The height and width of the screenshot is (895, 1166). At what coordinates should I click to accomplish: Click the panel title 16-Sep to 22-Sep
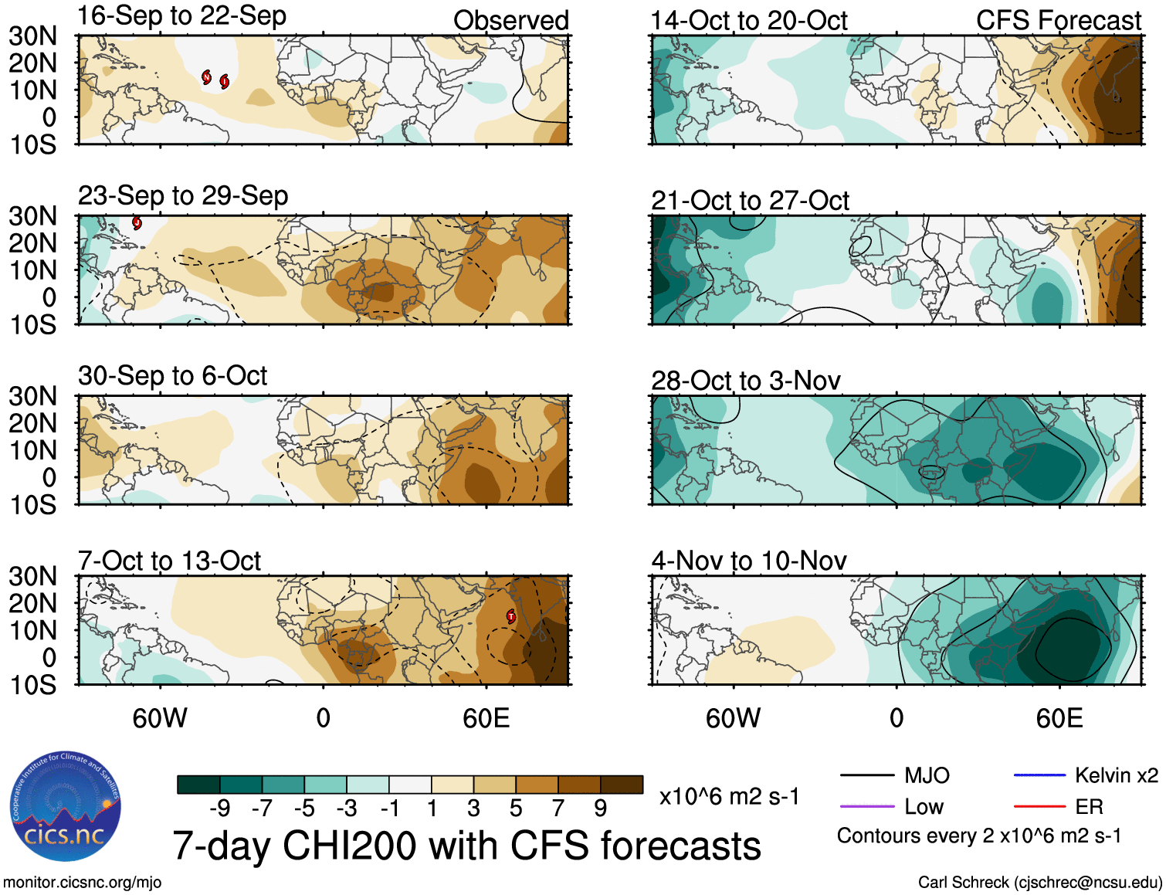point(182,16)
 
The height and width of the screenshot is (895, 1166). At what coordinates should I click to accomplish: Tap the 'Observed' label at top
point(511,21)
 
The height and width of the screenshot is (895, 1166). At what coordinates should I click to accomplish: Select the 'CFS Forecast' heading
point(1059,21)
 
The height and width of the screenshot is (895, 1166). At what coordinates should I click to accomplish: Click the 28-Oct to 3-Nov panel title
point(746,381)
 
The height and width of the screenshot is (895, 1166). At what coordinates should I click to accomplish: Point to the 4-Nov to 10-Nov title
point(749,561)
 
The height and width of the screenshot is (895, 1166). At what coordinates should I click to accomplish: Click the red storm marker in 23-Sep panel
point(137,223)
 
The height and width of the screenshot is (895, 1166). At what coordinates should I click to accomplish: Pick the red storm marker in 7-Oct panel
point(511,615)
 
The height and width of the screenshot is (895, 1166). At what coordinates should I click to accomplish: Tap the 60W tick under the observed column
point(160,719)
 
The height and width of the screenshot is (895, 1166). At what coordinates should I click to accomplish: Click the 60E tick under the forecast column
point(1059,719)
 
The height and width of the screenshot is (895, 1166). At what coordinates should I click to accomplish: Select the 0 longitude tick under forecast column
point(897,719)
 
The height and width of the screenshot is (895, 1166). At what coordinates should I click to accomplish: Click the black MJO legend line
point(867,775)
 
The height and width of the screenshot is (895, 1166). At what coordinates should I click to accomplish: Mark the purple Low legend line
point(867,807)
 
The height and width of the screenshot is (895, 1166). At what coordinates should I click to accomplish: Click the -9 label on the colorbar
point(219,809)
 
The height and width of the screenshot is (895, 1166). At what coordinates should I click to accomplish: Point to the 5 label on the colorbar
point(516,809)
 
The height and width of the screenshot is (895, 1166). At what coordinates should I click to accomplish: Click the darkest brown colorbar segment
point(622,785)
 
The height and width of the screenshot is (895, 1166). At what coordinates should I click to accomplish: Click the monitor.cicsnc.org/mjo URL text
point(82,883)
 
